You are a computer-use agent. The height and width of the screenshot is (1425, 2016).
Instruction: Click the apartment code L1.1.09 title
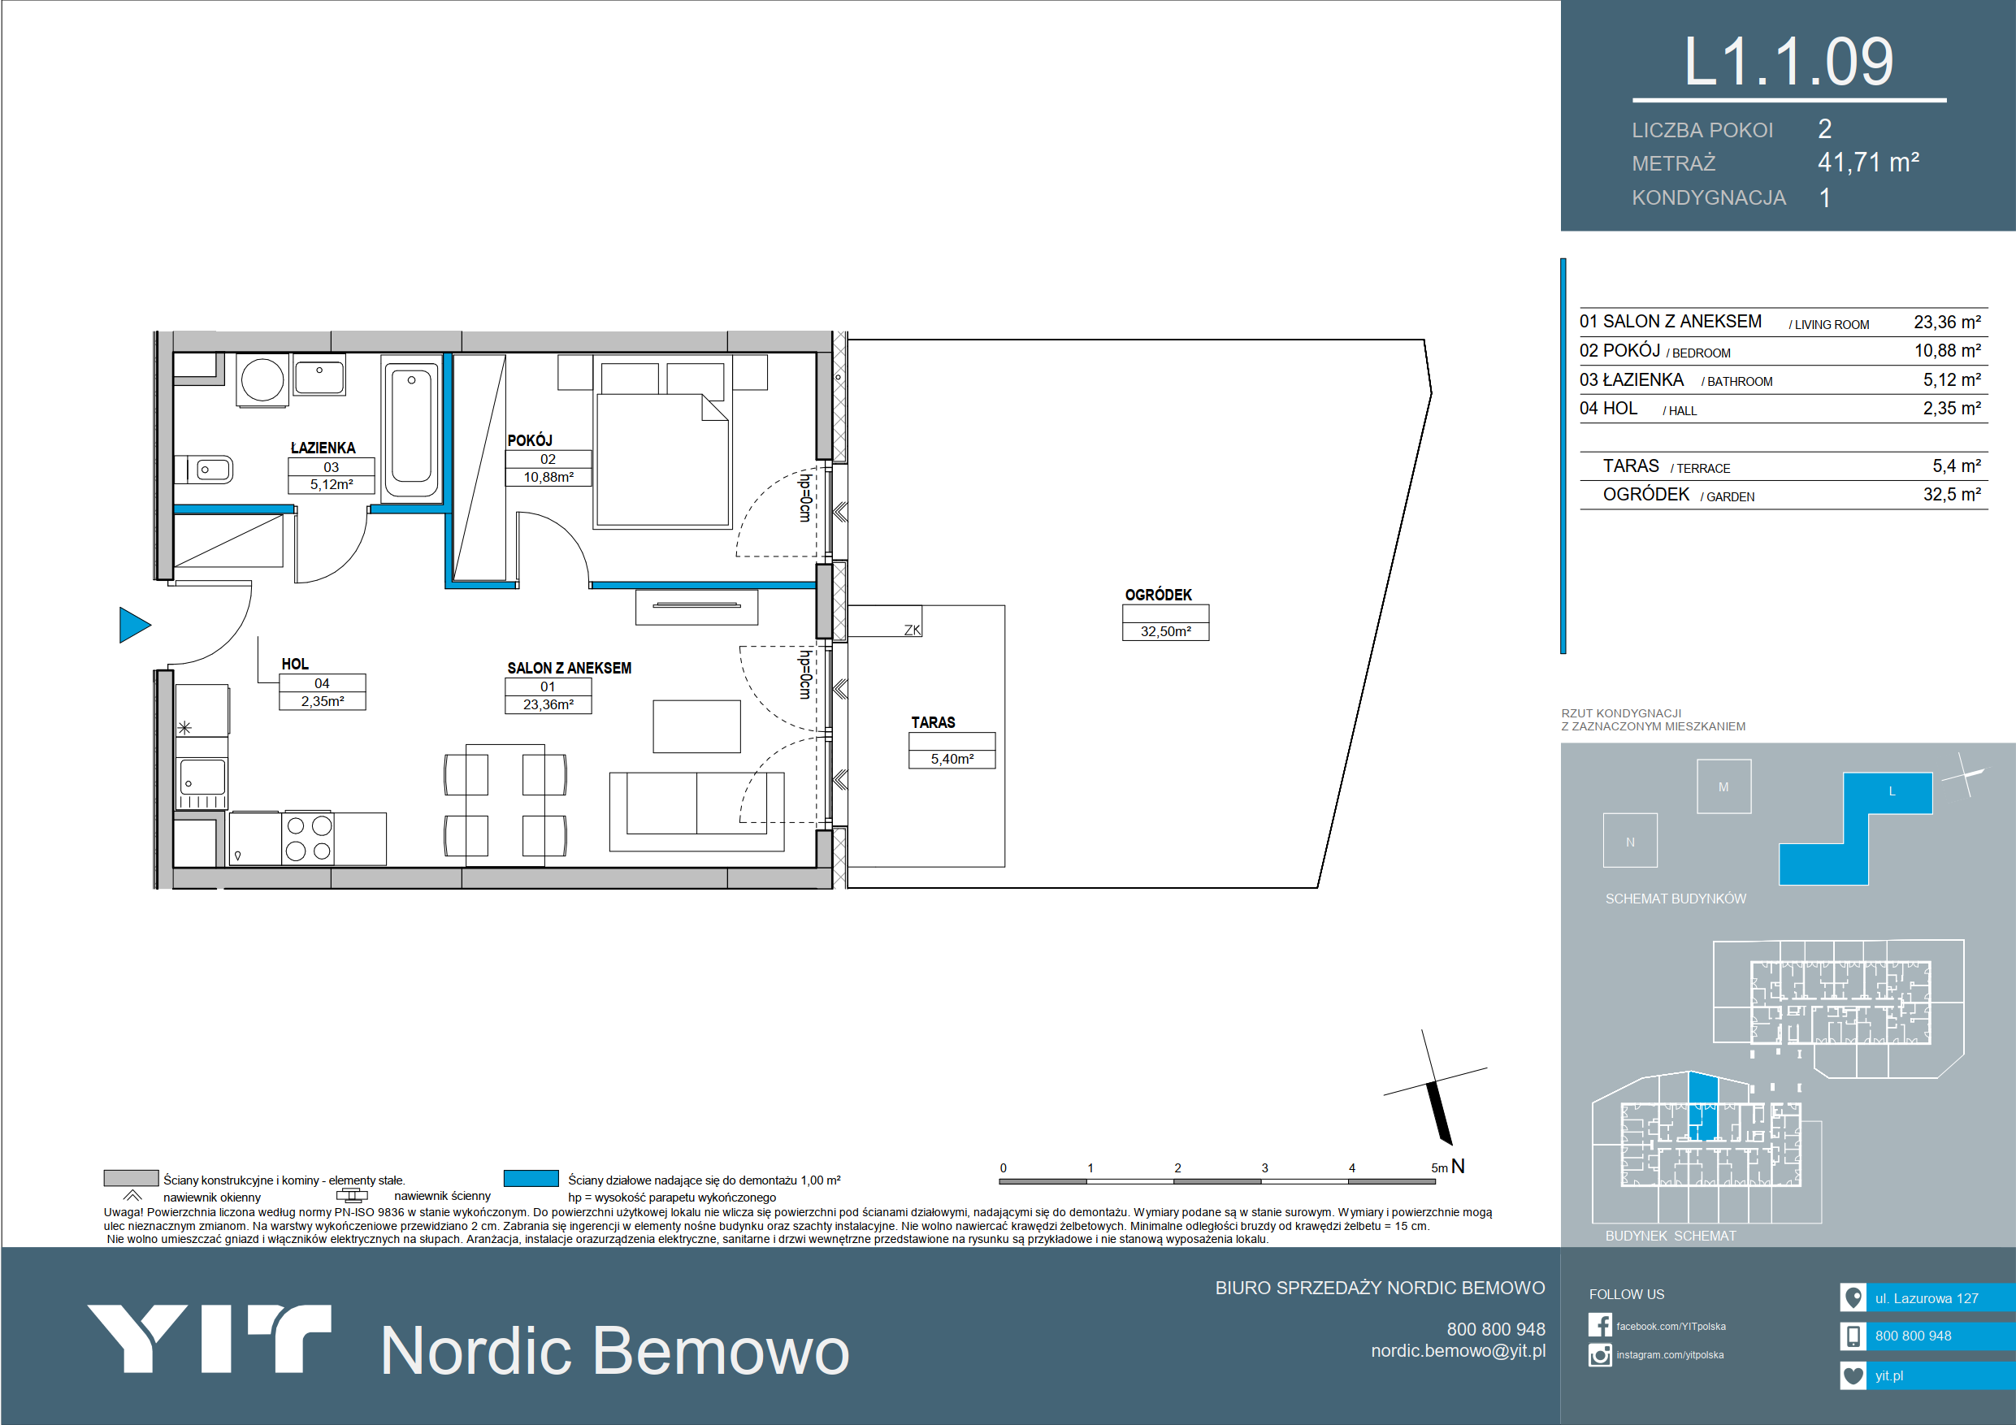point(1788,63)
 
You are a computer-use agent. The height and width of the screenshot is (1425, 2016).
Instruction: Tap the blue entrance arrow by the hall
point(134,625)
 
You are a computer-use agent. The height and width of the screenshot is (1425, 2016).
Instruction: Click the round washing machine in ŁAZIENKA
point(262,380)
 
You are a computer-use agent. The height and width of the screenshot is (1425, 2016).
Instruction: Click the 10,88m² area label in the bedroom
point(548,477)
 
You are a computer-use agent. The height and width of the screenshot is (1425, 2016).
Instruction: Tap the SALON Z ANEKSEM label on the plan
point(569,668)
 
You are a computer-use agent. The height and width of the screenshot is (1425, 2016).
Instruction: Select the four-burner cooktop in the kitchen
point(308,838)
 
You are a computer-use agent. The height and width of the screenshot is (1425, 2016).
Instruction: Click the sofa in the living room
point(696,812)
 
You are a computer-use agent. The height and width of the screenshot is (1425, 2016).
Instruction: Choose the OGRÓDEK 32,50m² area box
point(1165,623)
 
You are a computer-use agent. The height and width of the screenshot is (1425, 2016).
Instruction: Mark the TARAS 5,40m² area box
point(952,751)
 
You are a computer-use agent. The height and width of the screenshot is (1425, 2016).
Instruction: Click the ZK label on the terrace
point(913,630)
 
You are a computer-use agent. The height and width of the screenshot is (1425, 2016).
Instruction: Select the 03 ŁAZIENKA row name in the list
point(1632,379)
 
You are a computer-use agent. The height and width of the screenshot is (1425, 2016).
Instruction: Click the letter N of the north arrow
point(1459,1166)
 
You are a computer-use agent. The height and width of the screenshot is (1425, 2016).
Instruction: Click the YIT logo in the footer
point(209,1338)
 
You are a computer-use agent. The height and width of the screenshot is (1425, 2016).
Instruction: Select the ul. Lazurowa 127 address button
point(1927,1297)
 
